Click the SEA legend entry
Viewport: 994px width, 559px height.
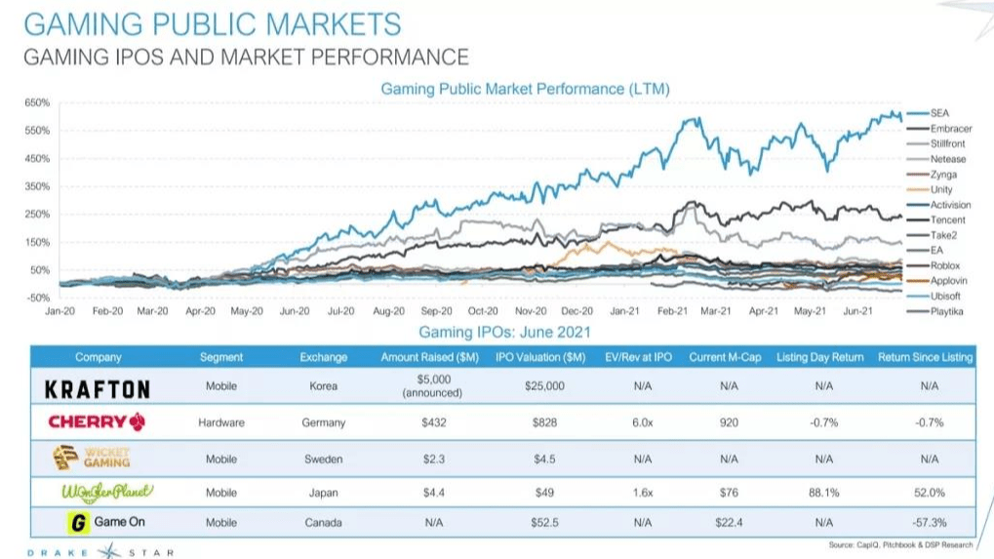point(938,113)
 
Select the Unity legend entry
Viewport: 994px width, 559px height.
point(941,189)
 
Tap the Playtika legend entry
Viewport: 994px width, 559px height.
point(945,311)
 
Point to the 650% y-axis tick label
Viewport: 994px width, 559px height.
point(36,102)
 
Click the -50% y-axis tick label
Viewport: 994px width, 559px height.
point(36,297)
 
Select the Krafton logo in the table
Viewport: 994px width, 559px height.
point(98,388)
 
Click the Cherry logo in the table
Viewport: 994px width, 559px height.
point(98,422)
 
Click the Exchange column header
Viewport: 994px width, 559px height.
point(323,357)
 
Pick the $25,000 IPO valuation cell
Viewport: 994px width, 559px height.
point(543,386)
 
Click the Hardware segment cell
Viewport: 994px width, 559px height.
point(221,422)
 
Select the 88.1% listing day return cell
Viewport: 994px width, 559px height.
point(822,493)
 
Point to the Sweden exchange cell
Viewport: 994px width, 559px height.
point(323,459)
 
